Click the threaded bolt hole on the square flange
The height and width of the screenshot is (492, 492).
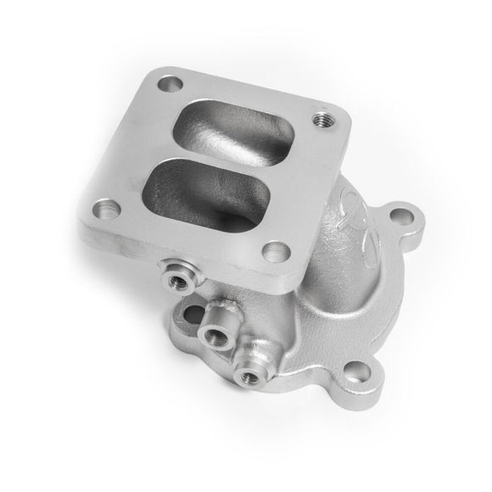[x=322, y=120]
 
